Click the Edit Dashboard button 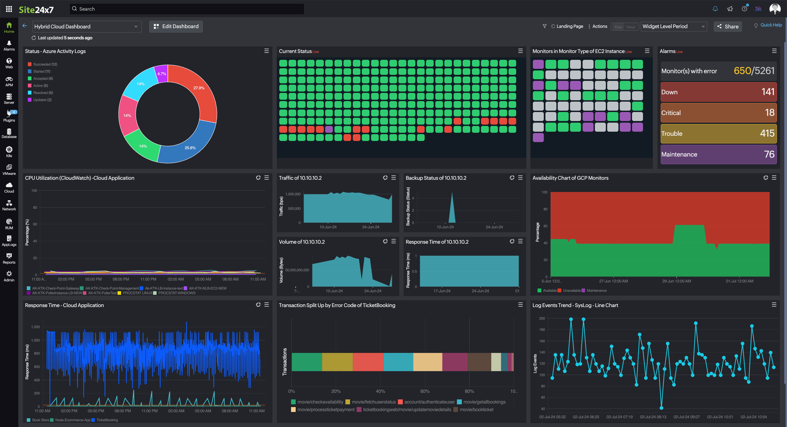pos(176,26)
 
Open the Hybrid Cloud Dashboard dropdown pos(87,26)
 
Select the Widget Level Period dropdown pos(673,26)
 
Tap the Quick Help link pos(771,25)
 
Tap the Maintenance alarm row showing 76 pos(718,154)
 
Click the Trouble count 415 pos(767,134)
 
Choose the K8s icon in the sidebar pos(9,152)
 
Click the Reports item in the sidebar pos(9,258)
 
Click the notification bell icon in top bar pos(715,9)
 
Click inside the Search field pos(186,9)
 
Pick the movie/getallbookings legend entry pos(484,402)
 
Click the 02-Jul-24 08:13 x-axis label pos(653,417)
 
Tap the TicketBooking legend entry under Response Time pos(107,420)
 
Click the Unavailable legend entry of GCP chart pos(571,290)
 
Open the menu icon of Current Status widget pos(520,51)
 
